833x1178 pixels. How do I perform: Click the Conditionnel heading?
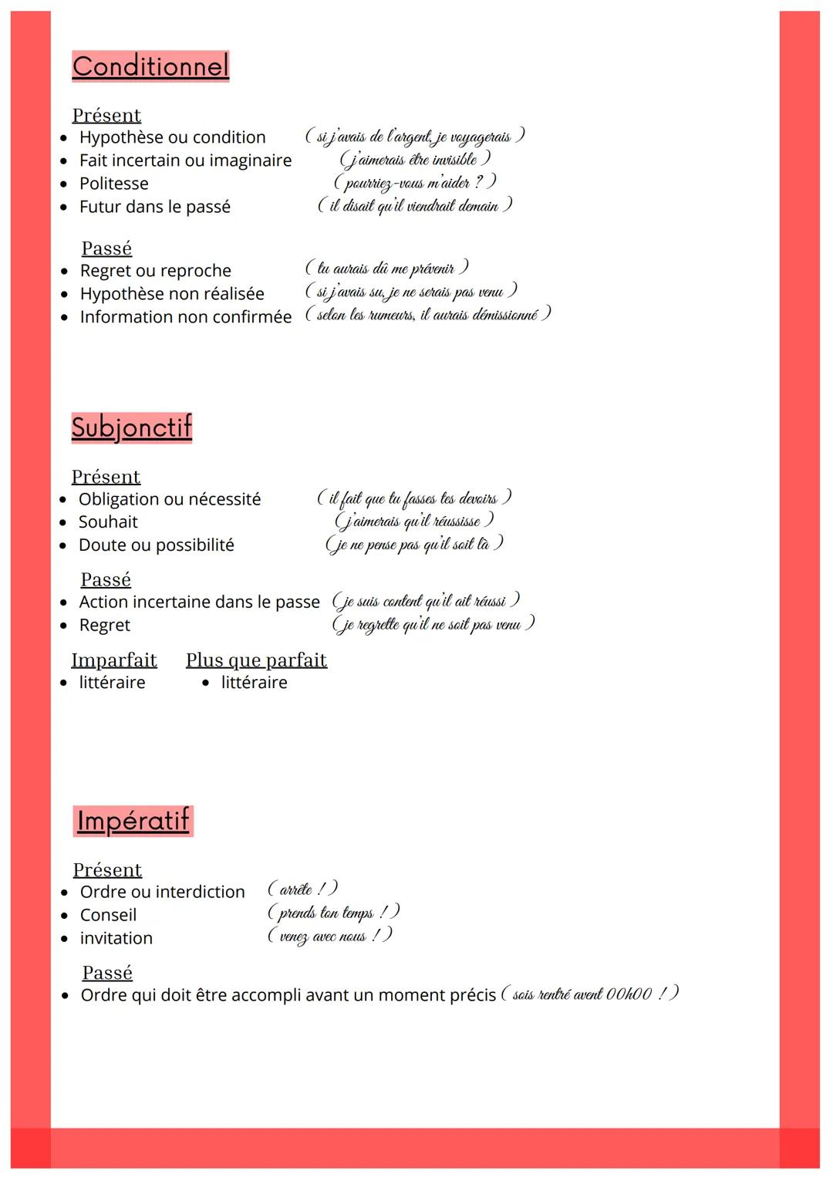(x=150, y=66)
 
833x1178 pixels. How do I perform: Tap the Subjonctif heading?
(x=131, y=427)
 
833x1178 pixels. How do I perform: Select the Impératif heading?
(x=133, y=820)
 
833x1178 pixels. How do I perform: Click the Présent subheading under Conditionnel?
(x=106, y=115)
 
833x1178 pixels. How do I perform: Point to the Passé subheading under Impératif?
(x=107, y=972)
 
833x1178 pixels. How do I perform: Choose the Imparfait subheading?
(x=114, y=660)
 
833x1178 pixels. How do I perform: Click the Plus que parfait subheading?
(x=256, y=660)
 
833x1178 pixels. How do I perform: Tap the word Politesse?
(x=113, y=184)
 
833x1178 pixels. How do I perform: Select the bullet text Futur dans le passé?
(x=154, y=207)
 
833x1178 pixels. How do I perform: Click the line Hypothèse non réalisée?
(x=171, y=294)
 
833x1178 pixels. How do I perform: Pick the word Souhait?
(x=108, y=521)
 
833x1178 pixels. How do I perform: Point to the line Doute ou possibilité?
(x=156, y=545)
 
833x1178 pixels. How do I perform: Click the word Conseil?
(x=108, y=915)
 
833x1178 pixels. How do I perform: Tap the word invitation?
(x=116, y=938)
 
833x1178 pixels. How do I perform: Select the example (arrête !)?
(x=302, y=889)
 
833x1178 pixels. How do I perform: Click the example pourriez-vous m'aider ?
(x=414, y=183)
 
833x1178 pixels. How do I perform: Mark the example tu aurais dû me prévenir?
(x=387, y=268)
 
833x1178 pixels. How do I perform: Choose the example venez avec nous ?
(x=330, y=936)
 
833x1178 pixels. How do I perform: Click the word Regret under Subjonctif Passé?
(x=104, y=625)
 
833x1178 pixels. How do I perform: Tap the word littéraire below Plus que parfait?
(x=254, y=683)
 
